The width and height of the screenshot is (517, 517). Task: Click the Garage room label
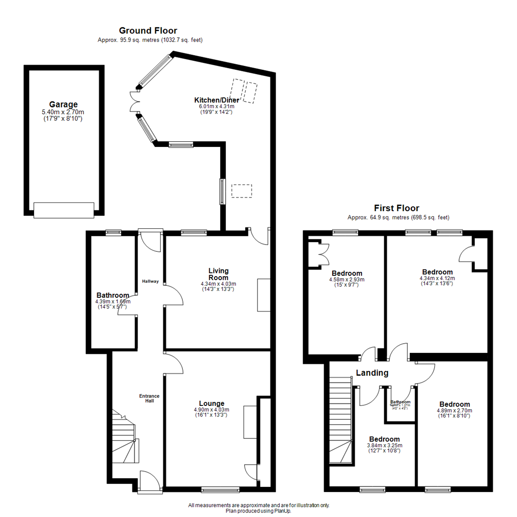click(63, 104)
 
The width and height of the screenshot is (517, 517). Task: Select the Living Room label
click(218, 274)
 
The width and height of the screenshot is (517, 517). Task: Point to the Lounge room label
click(212, 403)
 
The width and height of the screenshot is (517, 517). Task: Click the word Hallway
click(150, 281)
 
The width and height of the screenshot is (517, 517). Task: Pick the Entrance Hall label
click(149, 398)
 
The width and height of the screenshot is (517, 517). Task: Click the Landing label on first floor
click(372, 373)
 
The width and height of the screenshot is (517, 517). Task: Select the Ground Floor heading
click(148, 31)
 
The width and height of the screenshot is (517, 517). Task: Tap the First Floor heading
click(396, 208)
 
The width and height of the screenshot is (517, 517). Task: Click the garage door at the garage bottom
click(64, 210)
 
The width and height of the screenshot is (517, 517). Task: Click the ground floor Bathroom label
click(112, 295)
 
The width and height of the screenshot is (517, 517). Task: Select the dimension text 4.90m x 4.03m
click(212, 410)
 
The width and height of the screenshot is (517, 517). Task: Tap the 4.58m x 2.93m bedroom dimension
click(347, 280)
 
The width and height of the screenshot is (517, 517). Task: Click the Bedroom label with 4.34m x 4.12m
click(437, 272)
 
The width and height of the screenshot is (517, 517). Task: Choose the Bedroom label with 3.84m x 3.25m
click(384, 439)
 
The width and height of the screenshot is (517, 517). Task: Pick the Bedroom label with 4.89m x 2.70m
click(454, 404)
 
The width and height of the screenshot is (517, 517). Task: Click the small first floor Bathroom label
click(400, 402)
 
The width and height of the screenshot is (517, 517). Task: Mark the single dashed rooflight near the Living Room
click(241, 191)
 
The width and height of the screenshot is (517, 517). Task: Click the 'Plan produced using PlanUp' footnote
click(258, 511)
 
